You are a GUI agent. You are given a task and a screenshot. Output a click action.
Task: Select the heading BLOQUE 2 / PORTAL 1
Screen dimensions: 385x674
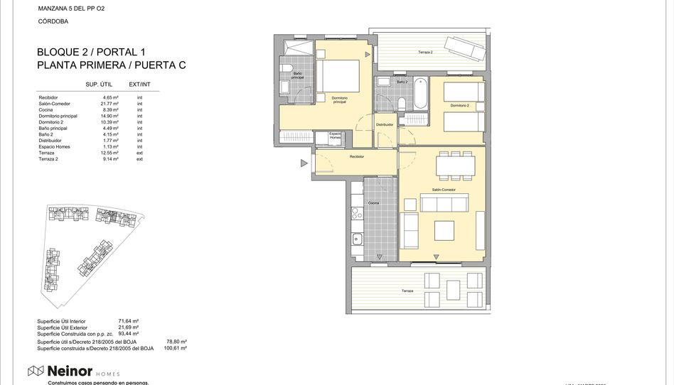tap(90, 52)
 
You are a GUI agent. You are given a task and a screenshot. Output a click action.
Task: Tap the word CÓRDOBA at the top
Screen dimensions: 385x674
tap(53, 22)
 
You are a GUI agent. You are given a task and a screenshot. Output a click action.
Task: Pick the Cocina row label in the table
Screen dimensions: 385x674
tap(46, 110)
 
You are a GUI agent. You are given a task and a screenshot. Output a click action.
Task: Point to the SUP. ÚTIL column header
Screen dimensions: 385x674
tap(101, 85)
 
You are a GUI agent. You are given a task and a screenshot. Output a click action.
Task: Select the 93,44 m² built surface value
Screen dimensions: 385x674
tap(128, 333)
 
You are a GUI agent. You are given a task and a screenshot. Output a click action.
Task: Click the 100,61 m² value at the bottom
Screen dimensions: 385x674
tap(175, 348)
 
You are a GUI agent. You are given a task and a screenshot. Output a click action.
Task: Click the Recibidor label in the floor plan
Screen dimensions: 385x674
tap(357, 156)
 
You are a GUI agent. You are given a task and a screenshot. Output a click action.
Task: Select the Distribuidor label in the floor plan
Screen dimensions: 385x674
tap(385, 124)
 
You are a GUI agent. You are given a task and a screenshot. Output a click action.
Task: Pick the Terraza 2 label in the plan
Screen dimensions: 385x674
tap(425, 52)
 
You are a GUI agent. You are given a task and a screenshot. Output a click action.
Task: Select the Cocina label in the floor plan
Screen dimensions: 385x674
tap(373, 203)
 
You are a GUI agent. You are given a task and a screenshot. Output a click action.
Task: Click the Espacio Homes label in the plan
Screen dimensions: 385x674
tap(335, 135)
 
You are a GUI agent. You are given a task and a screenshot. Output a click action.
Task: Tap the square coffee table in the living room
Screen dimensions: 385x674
tap(445, 231)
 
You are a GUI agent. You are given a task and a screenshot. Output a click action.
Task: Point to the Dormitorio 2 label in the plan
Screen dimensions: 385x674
tap(459, 105)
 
